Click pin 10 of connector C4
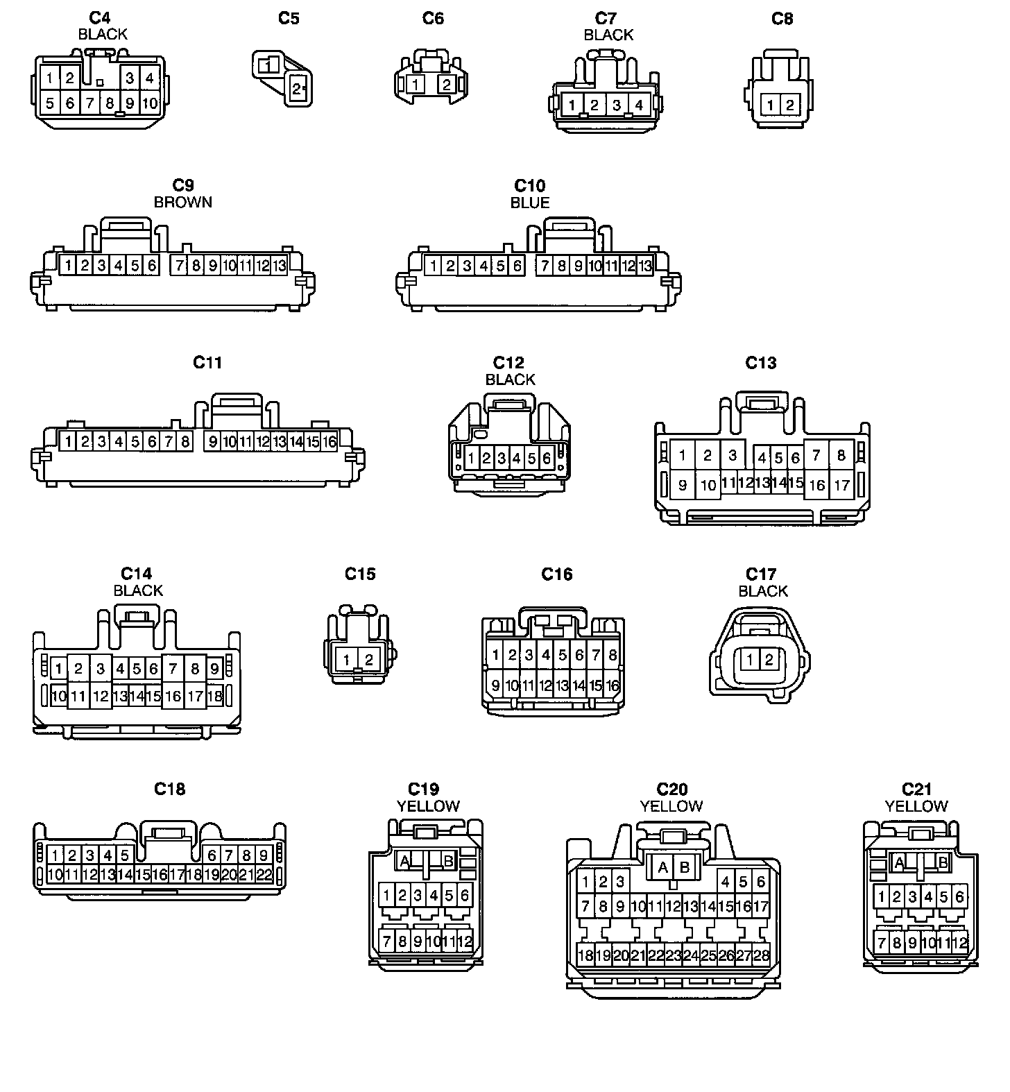[150, 104]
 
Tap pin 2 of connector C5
[297, 89]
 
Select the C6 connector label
[433, 18]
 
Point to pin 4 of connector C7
[639, 105]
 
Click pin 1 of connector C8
[771, 105]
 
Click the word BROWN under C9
[183, 203]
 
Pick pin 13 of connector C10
[645, 266]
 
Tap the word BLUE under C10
[530, 203]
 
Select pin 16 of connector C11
[329, 441]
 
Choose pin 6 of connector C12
[547, 458]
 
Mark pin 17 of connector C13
[841, 486]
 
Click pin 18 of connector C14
[214, 696]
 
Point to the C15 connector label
[360, 574]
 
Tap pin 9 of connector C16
[495, 686]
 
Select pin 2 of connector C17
[769, 659]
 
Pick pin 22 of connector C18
[264, 875]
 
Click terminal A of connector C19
[405, 861]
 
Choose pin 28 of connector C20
[761, 955]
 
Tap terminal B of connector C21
[943, 862]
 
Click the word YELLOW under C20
[671, 806]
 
